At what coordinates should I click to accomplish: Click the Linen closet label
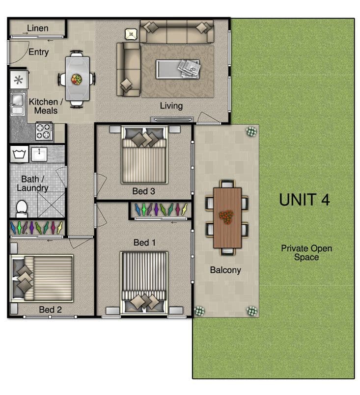pyautogui.click(x=37, y=28)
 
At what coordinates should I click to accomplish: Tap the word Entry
pyautogui.click(x=39, y=52)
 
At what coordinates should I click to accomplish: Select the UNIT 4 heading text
pyautogui.click(x=305, y=200)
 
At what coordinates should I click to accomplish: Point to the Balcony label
pyautogui.click(x=225, y=270)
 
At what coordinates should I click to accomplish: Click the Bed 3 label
pyautogui.click(x=144, y=191)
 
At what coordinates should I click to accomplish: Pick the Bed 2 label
pyautogui.click(x=51, y=310)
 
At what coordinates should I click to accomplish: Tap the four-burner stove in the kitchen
pyautogui.click(x=44, y=131)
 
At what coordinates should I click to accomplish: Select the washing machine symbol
pyautogui.click(x=19, y=154)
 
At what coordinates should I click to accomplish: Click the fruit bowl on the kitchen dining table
pyautogui.click(x=77, y=79)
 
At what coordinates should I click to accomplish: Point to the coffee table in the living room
pyautogui.click(x=178, y=69)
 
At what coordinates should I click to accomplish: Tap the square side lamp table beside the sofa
pyautogui.click(x=131, y=34)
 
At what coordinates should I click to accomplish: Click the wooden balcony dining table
pyautogui.click(x=227, y=218)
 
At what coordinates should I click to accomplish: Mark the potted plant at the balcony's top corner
pyautogui.click(x=251, y=131)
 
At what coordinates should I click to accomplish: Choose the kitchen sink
pyautogui.click(x=17, y=104)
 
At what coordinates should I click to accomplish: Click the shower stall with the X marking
pyautogui.click(x=51, y=205)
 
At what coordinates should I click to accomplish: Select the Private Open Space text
pyautogui.click(x=306, y=253)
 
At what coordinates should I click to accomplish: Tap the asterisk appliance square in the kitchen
pyautogui.click(x=19, y=80)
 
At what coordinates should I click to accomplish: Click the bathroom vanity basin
pyautogui.click(x=39, y=154)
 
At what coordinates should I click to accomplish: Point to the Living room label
pyautogui.click(x=171, y=106)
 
